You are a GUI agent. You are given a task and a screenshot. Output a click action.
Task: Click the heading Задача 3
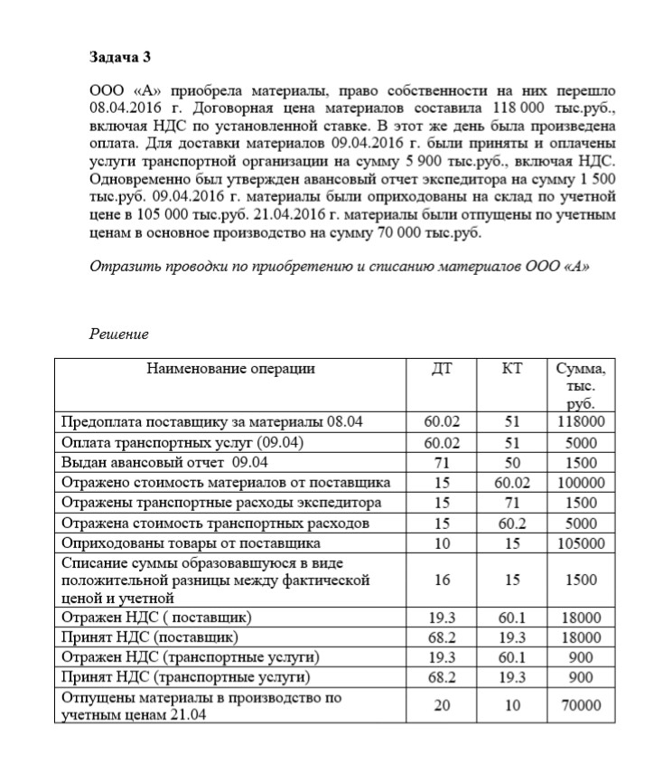point(120,57)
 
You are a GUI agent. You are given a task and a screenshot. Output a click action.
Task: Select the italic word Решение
point(118,335)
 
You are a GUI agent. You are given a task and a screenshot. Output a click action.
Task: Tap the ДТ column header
point(442,368)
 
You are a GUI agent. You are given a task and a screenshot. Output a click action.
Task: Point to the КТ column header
point(512,368)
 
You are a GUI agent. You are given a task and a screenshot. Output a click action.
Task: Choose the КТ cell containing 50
point(512,463)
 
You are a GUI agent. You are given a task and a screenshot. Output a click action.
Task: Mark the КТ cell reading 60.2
point(512,524)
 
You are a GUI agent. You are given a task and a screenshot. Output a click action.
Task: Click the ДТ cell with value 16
point(442,580)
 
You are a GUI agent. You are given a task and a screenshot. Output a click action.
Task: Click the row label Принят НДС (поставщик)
point(143,638)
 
